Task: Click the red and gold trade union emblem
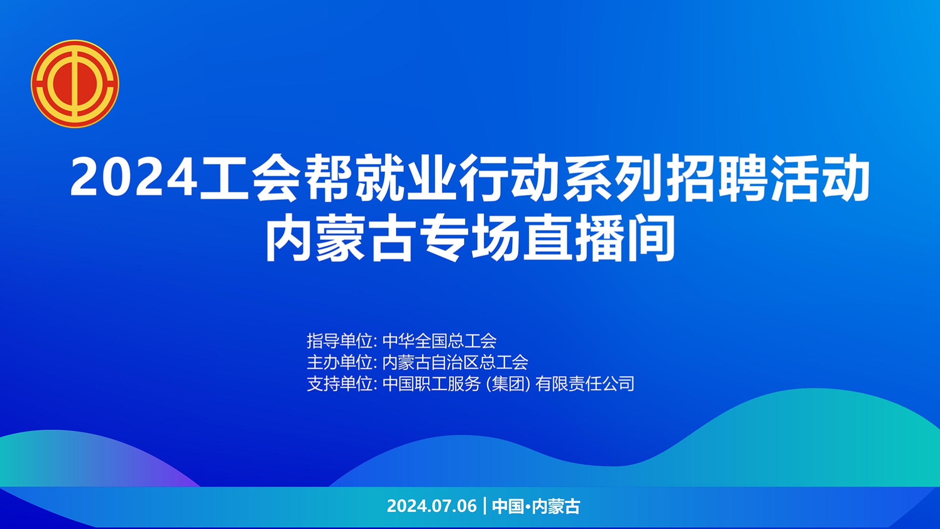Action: coord(75,84)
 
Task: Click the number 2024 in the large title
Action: coord(134,178)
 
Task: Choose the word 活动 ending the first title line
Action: coord(820,178)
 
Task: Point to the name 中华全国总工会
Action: coord(440,341)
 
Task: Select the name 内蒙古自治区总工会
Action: coord(455,362)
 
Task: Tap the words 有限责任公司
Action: coord(585,384)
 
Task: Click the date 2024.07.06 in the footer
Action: coord(432,506)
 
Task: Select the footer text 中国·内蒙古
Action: coord(536,506)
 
